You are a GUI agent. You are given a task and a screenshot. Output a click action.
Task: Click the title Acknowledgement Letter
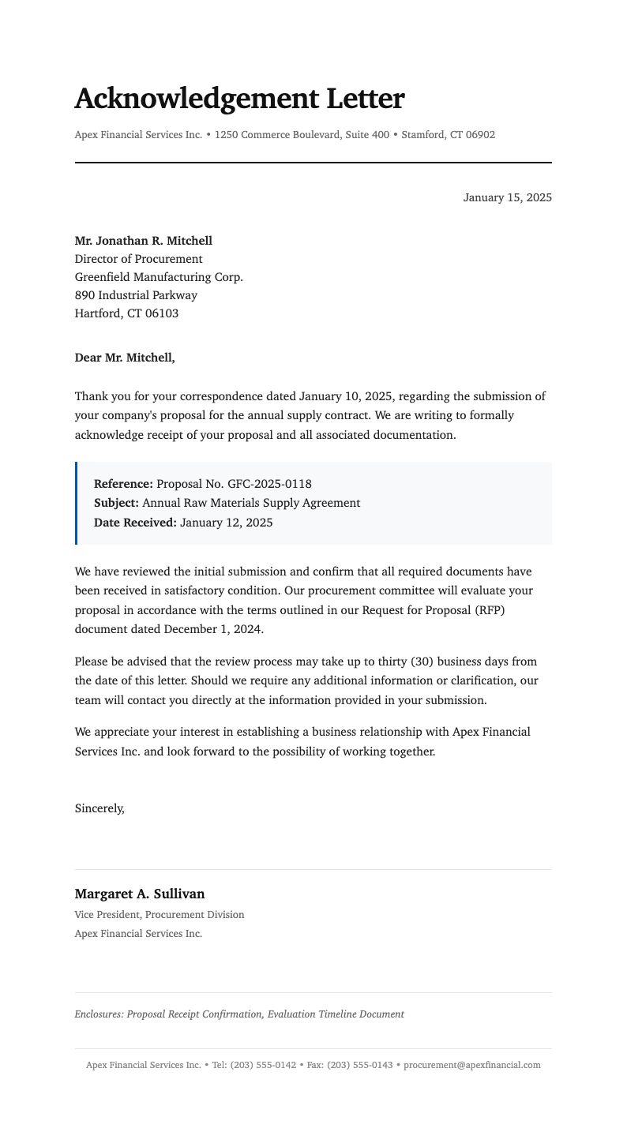click(238, 99)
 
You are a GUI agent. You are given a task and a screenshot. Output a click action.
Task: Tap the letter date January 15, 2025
click(507, 197)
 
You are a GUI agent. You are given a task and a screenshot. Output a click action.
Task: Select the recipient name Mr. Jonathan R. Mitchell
click(143, 241)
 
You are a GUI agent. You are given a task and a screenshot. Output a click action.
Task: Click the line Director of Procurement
click(138, 259)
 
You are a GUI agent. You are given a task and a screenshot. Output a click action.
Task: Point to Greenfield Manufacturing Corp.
click(159, 277)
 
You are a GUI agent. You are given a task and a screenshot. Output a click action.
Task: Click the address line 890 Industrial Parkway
click(136, 295)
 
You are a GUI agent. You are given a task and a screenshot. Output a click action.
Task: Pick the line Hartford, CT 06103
click(126, 313)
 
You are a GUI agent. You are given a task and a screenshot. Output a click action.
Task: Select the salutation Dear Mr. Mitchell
click(125, 358)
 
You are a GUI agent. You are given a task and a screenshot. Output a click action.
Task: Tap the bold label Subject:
click(116, 503)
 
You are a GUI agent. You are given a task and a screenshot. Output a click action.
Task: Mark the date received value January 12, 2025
click(226, 522)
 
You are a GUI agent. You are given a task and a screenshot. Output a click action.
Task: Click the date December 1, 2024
click(213, 629)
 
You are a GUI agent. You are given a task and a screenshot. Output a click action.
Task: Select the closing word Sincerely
click(99, 808)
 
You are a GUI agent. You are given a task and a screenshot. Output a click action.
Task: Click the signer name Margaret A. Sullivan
click(140, 894)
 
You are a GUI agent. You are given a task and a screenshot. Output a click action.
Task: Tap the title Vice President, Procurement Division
click(160, 915)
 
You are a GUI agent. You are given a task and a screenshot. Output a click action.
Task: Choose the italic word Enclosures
click(98, 1014)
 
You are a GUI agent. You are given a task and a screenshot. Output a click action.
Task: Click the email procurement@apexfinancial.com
click(471, 1065)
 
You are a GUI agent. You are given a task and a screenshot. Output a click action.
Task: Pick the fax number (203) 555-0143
click(359, 1065)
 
